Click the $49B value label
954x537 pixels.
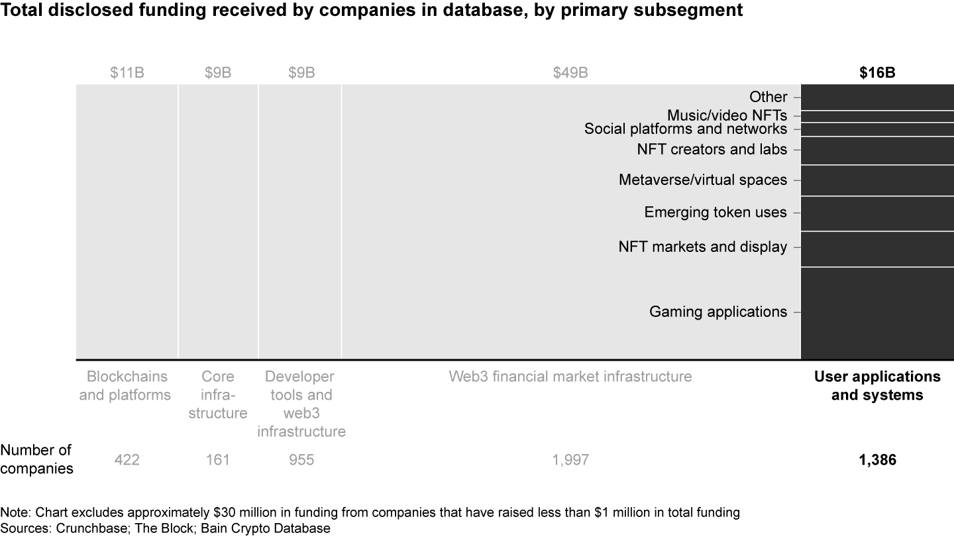click(570, 73)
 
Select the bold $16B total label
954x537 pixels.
click(877, 73)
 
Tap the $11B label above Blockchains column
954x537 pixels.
click(127, 73)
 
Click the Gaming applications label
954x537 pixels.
click(718, 312)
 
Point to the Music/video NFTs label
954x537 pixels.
click(727, 115)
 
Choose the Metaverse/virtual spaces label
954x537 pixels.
click(703, 180)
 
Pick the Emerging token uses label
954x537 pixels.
click(715, 213)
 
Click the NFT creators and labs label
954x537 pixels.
click(712, 149)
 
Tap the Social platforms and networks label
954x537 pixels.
click(686, 129)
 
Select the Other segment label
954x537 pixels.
click(768, 97)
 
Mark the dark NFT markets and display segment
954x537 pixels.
click(877, 249)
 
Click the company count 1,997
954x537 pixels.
click(570, 459)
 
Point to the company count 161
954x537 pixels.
click(218, 459)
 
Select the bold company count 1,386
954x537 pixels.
click(877, 459)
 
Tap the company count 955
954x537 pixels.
click(301, 459)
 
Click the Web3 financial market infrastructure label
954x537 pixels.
click(570, 377)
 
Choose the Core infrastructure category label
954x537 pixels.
click(218, 395)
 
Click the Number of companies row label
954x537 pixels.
click(36, 459)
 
